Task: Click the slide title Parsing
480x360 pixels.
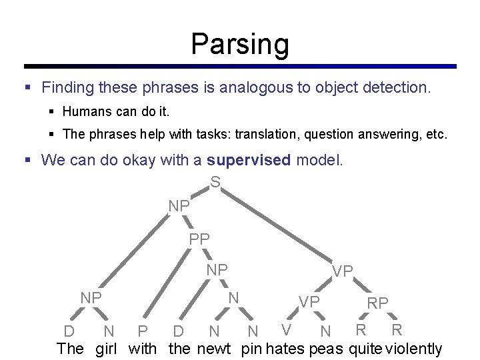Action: pos(240,44)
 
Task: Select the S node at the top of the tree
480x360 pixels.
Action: pos(215,181)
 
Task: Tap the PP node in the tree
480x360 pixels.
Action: pos(199,238)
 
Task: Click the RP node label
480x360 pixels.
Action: pos(377,303)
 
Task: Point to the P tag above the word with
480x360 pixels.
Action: pos(141,331)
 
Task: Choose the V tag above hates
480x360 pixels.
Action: pos(286,329)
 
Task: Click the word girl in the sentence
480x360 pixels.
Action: pos(109,349)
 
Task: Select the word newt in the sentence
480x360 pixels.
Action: pos(213,349)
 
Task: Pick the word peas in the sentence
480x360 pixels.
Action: pos(326,349)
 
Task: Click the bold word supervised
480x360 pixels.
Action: pos(249,160)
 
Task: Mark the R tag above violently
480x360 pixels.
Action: pos(397,329)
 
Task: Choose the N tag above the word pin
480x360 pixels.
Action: pos(253,331)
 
